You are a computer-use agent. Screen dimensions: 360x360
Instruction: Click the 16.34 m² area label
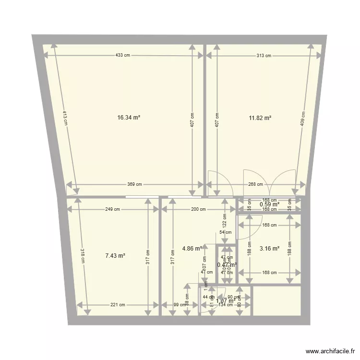point(129,117)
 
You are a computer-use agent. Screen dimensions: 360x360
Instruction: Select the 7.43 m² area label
point(115,256)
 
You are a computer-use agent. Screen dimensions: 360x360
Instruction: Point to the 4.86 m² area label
point(192,249)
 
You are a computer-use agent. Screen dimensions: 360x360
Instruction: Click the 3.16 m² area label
point(269,249)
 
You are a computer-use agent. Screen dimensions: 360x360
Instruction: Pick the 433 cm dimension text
point(122,55)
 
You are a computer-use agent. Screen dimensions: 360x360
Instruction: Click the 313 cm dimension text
point(264,56)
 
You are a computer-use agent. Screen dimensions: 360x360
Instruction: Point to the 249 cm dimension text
point(112,209)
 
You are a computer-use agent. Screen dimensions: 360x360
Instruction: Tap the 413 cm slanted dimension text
point(64,118)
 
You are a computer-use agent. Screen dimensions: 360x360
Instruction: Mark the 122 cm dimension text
point(224,220)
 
